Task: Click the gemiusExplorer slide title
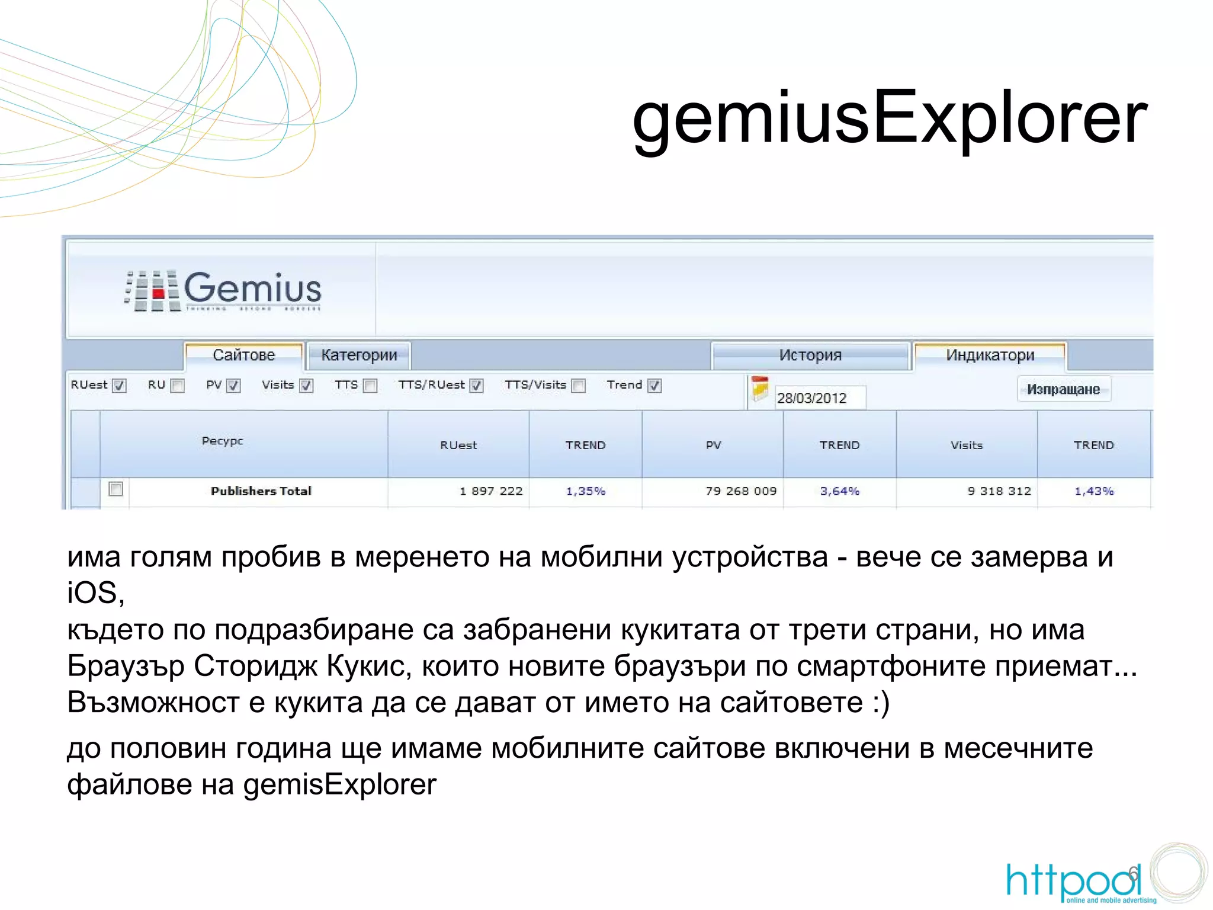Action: [890, 117]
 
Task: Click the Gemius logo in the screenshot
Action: [224, 290]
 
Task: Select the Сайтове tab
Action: [244, 355]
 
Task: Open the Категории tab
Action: [359, 355]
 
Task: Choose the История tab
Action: [810, 355]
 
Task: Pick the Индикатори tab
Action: [990, 355]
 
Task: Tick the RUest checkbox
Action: [120, 386]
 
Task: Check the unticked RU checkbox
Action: [177, 386]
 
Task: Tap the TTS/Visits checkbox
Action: [579, 386]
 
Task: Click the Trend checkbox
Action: [654, 386]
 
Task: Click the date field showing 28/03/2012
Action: [820, 398]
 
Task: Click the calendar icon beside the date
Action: [760, 389]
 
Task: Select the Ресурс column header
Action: [223, 441]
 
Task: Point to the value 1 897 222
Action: [491, 491]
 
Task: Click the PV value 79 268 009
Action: [740, 491]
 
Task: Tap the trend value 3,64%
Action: [839, 491]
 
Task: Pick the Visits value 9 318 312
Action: [999, 491]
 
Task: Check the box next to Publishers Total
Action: [116, 489]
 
